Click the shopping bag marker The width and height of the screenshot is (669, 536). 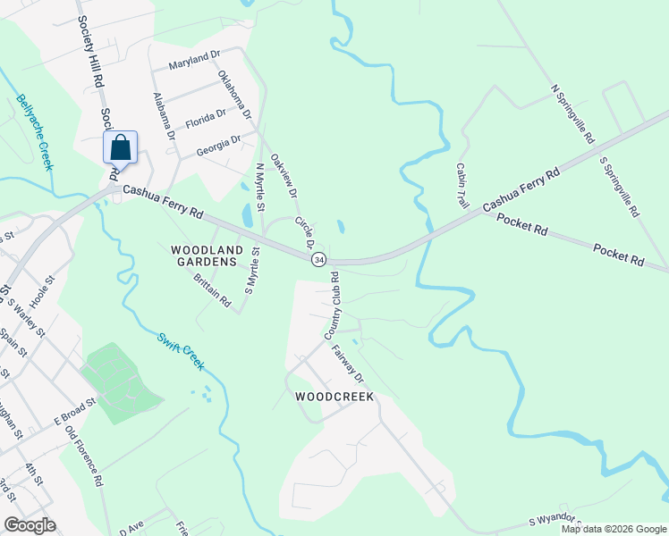[x=121, y=148]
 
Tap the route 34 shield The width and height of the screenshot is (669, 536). [x=318, y=259]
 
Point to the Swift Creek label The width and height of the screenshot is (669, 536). [x=182, y=352]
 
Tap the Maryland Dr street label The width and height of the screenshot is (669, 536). [x=194, y=62]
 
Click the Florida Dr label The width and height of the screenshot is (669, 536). [x=206, y=117]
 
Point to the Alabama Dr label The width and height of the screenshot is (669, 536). [x=164, y=117]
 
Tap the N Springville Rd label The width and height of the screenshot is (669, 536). [x=573, y=114]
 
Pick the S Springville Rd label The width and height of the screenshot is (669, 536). [x=620, y=188]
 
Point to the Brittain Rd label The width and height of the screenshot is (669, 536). [x=212, y=291]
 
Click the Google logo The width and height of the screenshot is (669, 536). [x=30, y=524]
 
